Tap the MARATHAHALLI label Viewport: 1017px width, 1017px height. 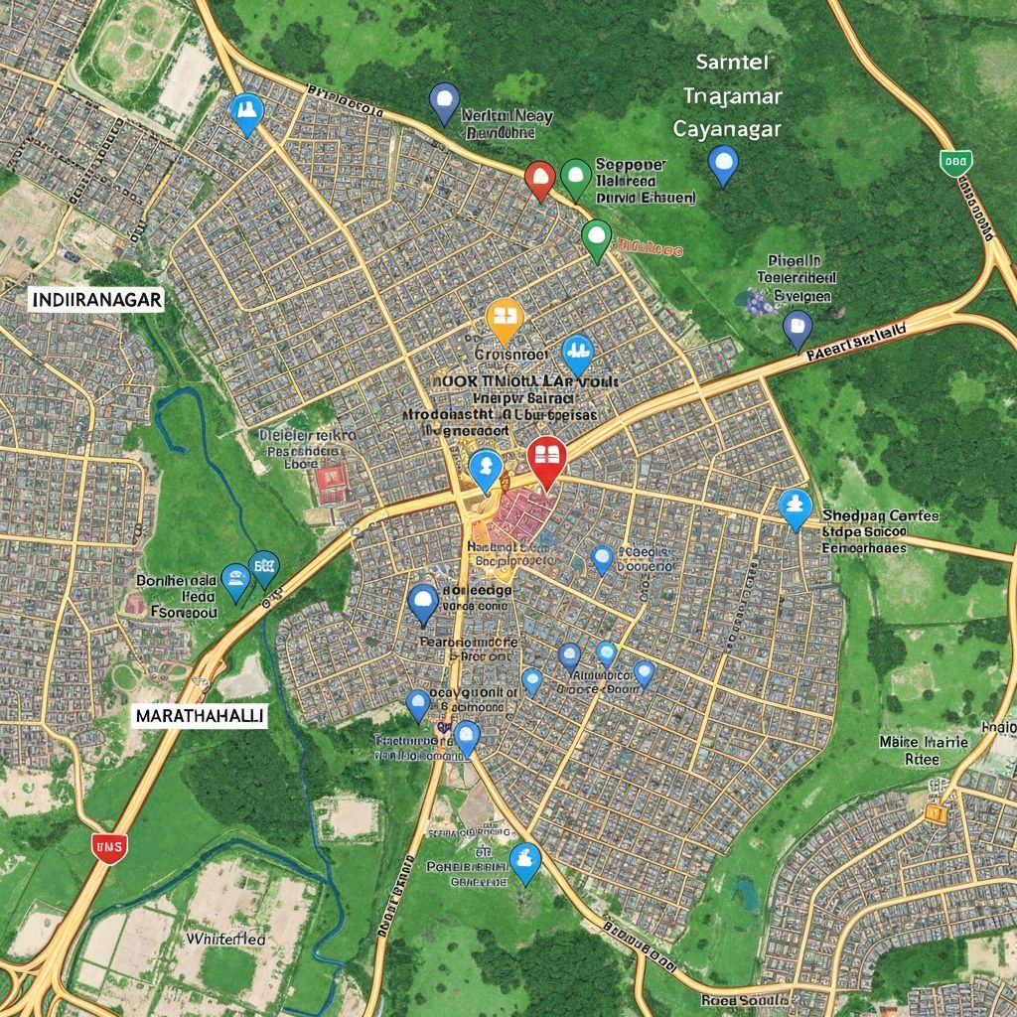pos(199,717)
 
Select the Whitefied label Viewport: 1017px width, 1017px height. pos(225,938)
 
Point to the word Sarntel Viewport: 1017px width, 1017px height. pos(733,62)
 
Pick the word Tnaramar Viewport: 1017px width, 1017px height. pos(733,95)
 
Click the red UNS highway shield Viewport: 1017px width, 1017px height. pos(108,846)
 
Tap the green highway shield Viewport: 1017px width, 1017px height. pos(954,162)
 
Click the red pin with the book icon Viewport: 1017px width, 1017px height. pos(546,459)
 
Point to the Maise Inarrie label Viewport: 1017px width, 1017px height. pos(924,741)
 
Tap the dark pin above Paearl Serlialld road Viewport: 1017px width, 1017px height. pos(798,327)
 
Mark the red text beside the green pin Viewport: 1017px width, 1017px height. pos(651,245)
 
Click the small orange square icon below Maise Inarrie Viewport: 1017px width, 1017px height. pos(935,812)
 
